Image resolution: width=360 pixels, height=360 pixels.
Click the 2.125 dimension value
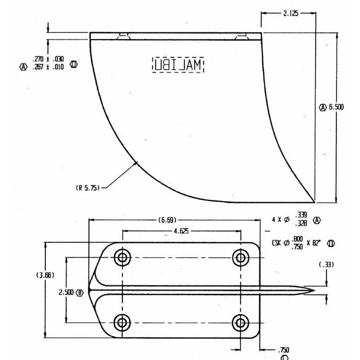291,14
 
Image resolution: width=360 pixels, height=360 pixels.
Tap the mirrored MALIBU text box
177,65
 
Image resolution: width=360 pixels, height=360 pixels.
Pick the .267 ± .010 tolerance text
48,67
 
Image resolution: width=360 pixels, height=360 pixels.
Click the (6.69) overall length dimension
166,220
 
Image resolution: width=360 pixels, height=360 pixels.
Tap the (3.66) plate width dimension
45,275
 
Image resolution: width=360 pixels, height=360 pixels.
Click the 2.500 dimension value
66,292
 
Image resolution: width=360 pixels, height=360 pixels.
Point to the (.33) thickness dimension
326,264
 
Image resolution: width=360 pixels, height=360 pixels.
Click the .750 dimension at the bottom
283,350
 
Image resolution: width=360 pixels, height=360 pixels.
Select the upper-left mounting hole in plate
122,257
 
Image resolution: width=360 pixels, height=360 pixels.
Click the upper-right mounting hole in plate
240,257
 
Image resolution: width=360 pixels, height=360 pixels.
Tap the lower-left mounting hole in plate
122,322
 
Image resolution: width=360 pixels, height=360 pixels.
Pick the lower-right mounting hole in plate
240,322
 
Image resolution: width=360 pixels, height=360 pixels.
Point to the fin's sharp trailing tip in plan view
314,291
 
